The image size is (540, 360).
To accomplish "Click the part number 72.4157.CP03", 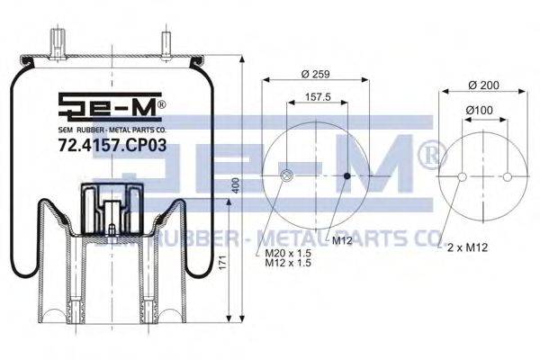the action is [112, 145].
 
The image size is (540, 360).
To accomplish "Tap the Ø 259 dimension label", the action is [316, 74].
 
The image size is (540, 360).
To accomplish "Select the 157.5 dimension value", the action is [318, 97].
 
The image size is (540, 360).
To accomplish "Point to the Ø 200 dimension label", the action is [484, 85].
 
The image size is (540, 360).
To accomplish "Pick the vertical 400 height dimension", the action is [236, 185].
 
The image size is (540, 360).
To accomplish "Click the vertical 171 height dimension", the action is [223, 263].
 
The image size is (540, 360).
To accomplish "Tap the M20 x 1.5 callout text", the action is [288, 253].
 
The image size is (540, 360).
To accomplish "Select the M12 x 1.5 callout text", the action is [288, 263].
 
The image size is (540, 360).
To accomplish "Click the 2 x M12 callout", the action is [467, 247].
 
